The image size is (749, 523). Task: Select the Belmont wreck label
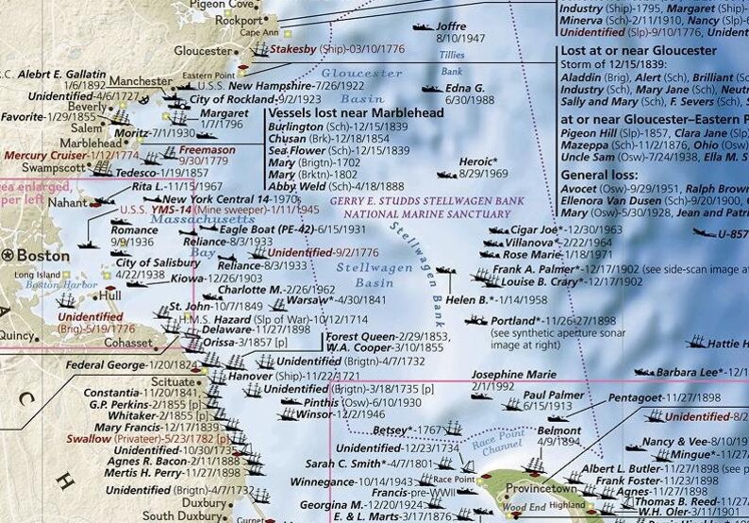coord(558,430)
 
